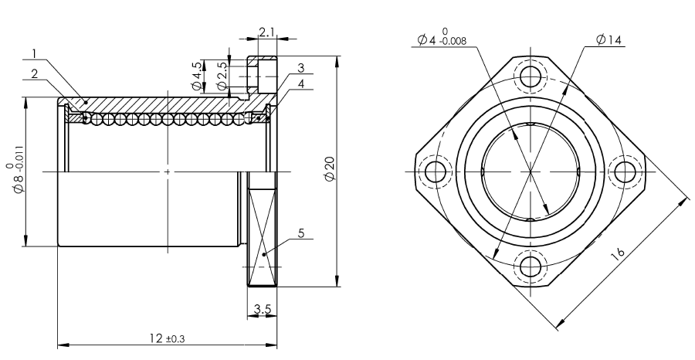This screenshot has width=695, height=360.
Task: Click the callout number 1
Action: coord(35,54)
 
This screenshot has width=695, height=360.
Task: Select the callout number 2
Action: coord(35,73)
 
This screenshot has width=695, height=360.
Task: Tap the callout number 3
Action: coord(301,68)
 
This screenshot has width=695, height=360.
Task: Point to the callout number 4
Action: coord(301,83)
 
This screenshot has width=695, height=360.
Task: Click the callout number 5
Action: coord(301,233)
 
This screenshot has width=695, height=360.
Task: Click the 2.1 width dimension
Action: coord(267,32)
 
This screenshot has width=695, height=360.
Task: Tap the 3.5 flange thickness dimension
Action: coord(263,309)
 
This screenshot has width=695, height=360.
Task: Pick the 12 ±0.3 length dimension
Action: coord(167,338)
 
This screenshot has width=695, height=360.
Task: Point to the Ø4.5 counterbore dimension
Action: coord(197,76)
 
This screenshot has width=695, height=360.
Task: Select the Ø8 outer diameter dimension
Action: coord(17,178)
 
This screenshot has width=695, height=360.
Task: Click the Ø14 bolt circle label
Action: coord(609,40)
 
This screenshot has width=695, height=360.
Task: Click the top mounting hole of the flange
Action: coord(530,76)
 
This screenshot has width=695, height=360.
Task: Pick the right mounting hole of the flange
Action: coord(625,172)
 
